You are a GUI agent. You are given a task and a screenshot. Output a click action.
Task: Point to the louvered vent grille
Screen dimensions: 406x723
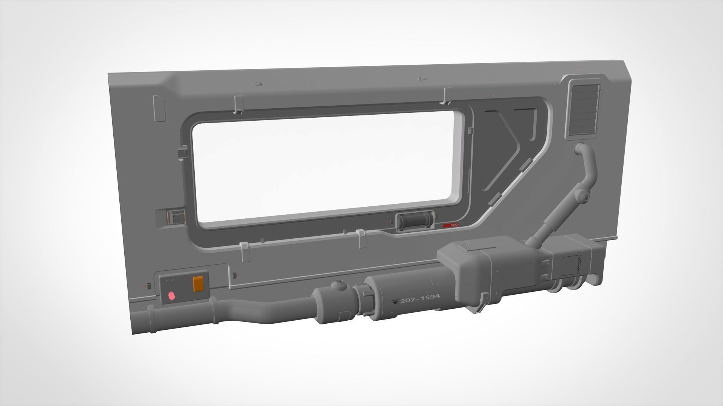pyautogui.click(x=580, y=108)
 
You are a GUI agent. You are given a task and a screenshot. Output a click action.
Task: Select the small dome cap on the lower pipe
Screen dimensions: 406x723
pyautogui.click(x=339, y=285)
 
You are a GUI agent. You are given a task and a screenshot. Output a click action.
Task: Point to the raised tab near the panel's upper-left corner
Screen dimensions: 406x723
pyautogui.click(x=159, y=109)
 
